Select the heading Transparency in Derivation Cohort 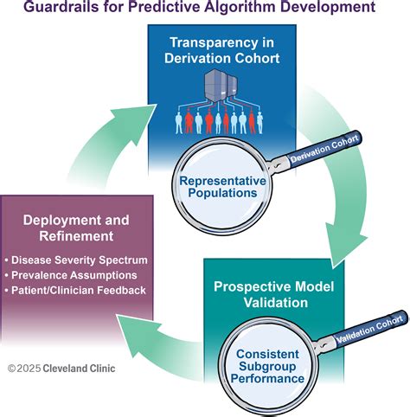point(221,50)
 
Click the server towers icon point(221,85)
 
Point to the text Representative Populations point(222,187)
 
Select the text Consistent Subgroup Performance point(267,366)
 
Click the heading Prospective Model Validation point(274,294)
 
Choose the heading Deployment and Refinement point(76,228)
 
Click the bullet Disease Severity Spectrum point(76,260)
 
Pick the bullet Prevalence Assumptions point(71,275)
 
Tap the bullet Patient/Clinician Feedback point(75,290)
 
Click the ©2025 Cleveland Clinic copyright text point(61,369)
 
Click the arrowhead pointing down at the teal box point(346,244)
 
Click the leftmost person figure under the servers point(179,123)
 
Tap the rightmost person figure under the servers point(259,123)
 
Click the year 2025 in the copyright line point(29,369)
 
